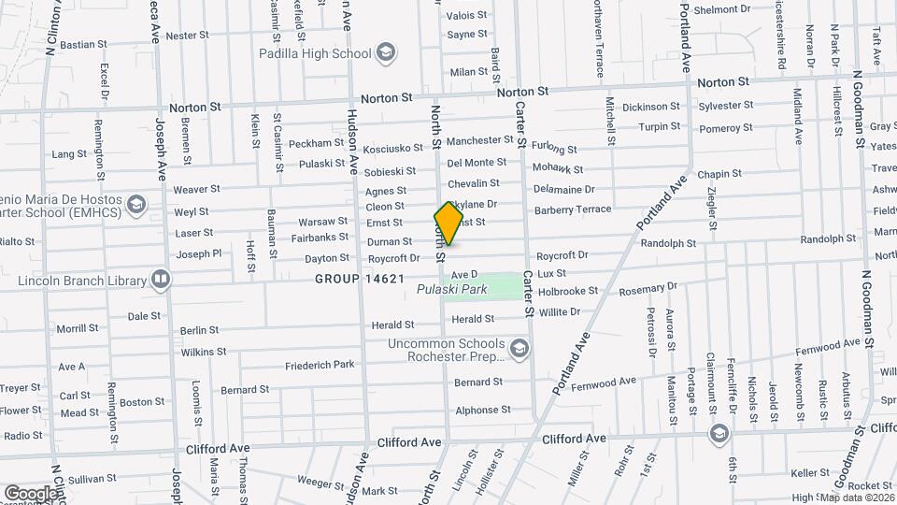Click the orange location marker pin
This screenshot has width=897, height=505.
point(448,224)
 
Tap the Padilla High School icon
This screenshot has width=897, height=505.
point(384,53)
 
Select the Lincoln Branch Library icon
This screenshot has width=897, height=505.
point(161,280)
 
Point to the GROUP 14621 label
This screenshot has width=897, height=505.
point(359,279)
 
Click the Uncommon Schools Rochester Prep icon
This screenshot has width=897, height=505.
point(520,349)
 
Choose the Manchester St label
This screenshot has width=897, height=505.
point(479,141)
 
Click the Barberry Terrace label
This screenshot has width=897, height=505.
point(572,209)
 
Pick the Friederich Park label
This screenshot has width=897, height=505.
point(320,365)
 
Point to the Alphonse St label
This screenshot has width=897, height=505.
point(482,411)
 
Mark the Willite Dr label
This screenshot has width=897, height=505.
point(560,311)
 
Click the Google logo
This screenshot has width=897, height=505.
point(31,493)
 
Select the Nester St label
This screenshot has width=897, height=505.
point(187,36)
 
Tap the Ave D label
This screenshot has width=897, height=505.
point(463,275)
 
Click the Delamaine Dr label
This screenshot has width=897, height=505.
point(563,189)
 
